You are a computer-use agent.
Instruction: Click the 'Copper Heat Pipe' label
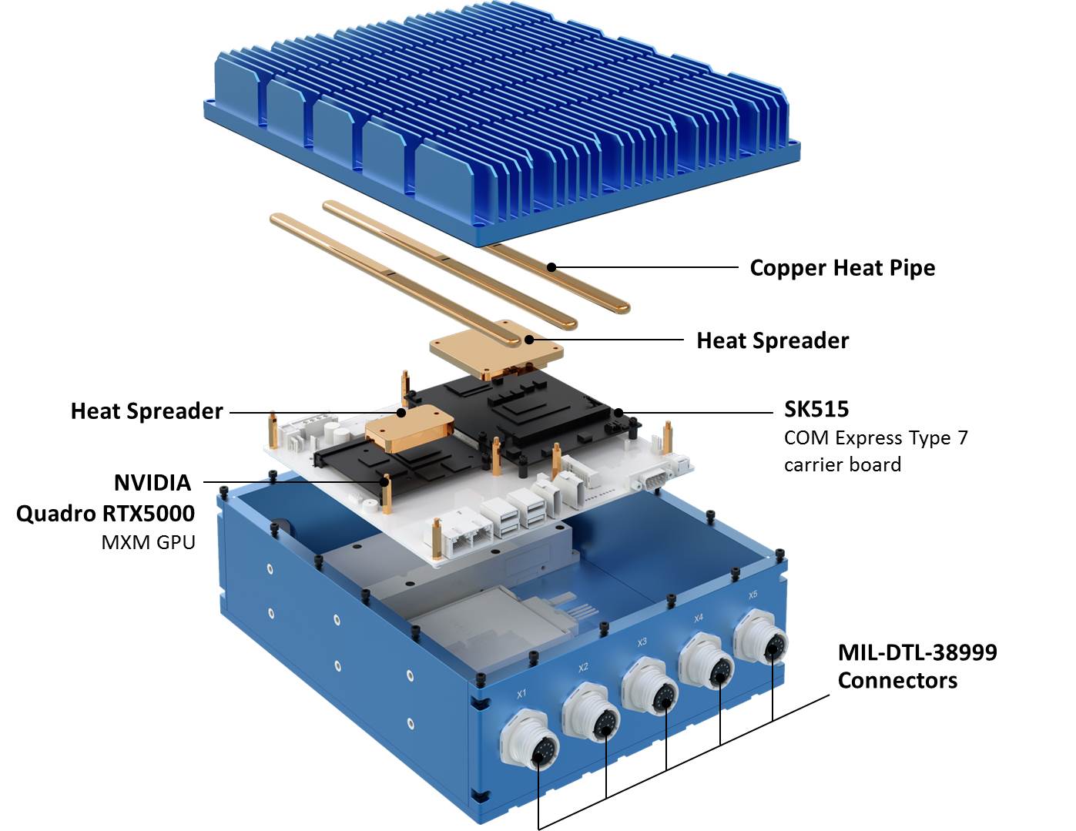(x=842, y=268)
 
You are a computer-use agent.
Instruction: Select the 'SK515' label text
(x=816, y=409)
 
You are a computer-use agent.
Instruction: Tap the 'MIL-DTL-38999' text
(x=917, y=652)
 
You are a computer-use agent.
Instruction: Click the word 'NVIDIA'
(x=153, y=483)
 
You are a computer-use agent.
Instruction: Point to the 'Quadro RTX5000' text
(x=106, y=514)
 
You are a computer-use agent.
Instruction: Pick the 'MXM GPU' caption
(x=148, y=542)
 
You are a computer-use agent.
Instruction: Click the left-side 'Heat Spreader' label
(x=146, y=411)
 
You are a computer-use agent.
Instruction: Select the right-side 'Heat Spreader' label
(x=772, y=340)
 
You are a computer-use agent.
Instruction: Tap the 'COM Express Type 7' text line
(x=876, y=438)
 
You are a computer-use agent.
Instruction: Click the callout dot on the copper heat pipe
(x=551, y=267)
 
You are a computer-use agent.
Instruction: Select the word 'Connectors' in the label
(x=897, y=681)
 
